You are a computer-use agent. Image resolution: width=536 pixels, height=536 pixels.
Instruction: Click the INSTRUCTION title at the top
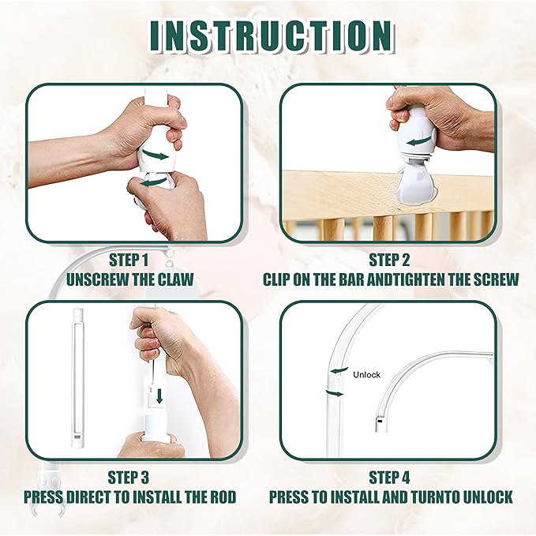pyautogui.click(x=268, y=36)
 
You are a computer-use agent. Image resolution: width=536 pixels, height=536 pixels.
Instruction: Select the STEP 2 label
pyautogui.click(x=389, y=259)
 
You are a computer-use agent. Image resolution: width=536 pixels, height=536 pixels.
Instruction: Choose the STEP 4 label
pyautogui.click(x=389, y=478)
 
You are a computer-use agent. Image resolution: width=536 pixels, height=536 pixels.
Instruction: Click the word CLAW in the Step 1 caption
pyautogui.click(x=178, y=279)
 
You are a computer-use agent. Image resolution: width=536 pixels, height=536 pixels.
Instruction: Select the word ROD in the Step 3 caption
pyautogui.click(x=221, y=497)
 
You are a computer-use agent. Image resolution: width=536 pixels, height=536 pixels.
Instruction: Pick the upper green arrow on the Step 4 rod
pyautogui.click(x=339, y=369)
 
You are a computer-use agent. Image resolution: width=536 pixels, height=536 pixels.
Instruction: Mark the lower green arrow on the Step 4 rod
pyautogui.click(x=335, y=392)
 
